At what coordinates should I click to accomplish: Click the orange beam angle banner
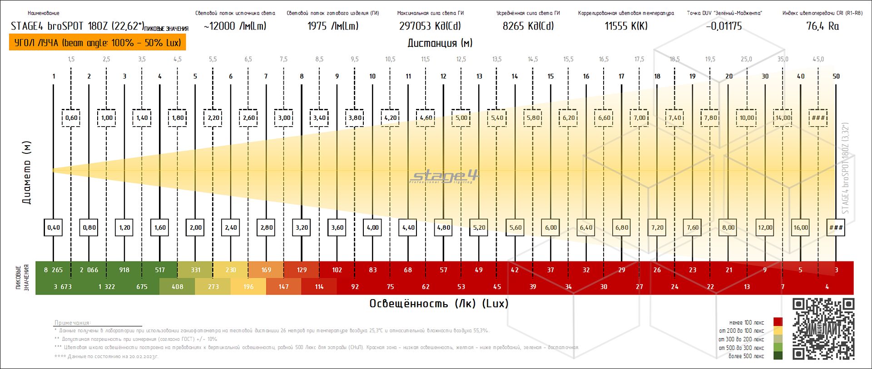click(98, 43)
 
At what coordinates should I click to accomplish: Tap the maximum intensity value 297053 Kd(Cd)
click(430, 26)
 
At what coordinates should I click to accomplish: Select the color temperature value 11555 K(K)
click(626, 26)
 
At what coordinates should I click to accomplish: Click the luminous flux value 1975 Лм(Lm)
click(333, 26)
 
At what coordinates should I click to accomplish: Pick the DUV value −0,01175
click(724, 26)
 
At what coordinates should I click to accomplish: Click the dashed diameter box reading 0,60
click(71, 118)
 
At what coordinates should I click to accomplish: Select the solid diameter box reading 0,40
click(54, 227)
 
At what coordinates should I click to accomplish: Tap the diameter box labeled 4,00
click(372, 227)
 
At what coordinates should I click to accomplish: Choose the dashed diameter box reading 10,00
click(747, 118)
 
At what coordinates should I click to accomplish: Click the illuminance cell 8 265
click(53, 270)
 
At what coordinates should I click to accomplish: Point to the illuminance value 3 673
click(62, 287)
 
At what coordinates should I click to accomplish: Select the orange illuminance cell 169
click(266, 270)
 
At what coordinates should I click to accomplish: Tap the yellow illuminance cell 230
click(231, 270)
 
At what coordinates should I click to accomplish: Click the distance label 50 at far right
click(836, 76)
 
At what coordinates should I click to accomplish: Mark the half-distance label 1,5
click(71, 59)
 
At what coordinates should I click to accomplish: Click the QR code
click(823, 329)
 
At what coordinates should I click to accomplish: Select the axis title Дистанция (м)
click(440, 43)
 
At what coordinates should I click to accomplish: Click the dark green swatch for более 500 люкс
click(778, 356)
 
